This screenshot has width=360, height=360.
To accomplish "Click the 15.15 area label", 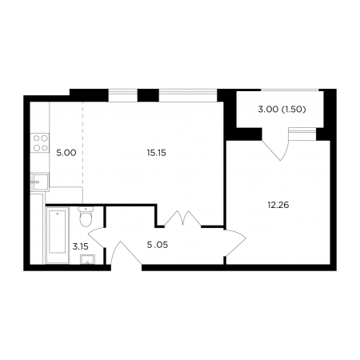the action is tap(156, 153).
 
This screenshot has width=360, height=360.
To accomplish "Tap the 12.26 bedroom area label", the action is tap(278, 205).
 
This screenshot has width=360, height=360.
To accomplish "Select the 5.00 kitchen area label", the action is tap(66, 153).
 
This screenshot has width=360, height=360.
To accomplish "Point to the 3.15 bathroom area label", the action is tap(80, 246).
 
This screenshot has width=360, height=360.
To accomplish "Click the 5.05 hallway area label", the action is tap(158, 245).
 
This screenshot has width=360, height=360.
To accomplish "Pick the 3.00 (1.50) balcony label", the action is tap(282, 110).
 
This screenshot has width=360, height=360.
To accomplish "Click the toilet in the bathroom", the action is tap(86, 216).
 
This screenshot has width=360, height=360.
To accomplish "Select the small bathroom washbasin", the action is tap(87, 259).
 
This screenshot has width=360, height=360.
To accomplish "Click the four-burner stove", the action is tap(41, 142).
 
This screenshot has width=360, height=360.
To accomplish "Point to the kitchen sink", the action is tap(40, 182).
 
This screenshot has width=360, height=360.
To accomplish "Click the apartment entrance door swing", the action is tap(126, 253).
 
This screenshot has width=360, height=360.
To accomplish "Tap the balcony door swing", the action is tap(276, 144).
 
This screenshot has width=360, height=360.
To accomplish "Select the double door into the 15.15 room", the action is tap(182, 218).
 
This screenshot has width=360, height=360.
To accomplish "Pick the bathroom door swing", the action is tap(97, 238).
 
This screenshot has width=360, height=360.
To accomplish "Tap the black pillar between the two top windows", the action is tap(148, 95).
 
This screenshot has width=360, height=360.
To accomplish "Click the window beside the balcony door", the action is tap(302, 134).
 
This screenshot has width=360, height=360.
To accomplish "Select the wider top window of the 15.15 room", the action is tap(188, 95).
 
